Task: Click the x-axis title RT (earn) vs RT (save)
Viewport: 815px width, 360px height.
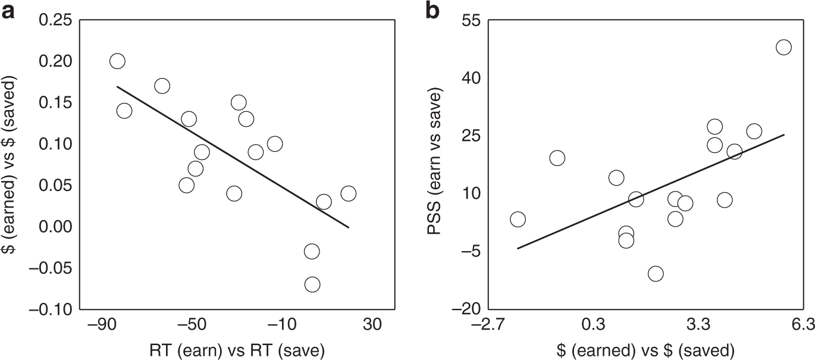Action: click(237, 350)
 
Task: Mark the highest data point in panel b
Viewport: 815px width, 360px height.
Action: click(783, 48)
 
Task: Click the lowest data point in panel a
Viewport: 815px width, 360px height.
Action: click(312, 284)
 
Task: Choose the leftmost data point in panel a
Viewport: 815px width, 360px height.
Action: click(117, 61)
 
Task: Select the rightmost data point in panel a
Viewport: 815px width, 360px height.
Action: click(348, 193)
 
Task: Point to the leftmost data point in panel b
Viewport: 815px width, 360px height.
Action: click(518, 219)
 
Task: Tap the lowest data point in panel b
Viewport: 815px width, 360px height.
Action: click(656, 274)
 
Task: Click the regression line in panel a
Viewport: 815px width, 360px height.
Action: click(232, 157)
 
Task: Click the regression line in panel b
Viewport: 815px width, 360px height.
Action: click(651, 192)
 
